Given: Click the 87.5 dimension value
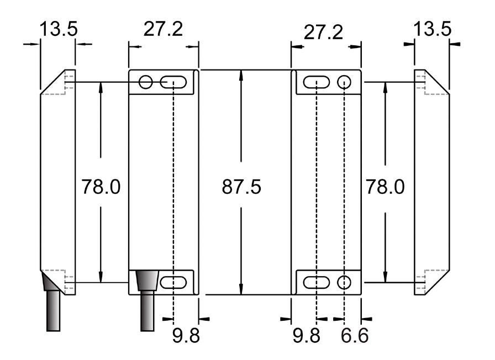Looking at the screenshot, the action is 241,187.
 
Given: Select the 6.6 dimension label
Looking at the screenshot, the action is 355,335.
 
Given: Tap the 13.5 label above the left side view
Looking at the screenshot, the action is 59,29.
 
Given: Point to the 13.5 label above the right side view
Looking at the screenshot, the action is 432,29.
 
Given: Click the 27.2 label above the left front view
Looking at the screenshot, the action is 163,29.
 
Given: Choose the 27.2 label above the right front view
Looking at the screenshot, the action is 323,33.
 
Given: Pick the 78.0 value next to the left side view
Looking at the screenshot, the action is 101,187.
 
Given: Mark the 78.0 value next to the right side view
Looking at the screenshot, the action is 385,187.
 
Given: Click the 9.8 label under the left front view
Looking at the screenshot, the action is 186,335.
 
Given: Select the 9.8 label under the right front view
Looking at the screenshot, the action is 307,335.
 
